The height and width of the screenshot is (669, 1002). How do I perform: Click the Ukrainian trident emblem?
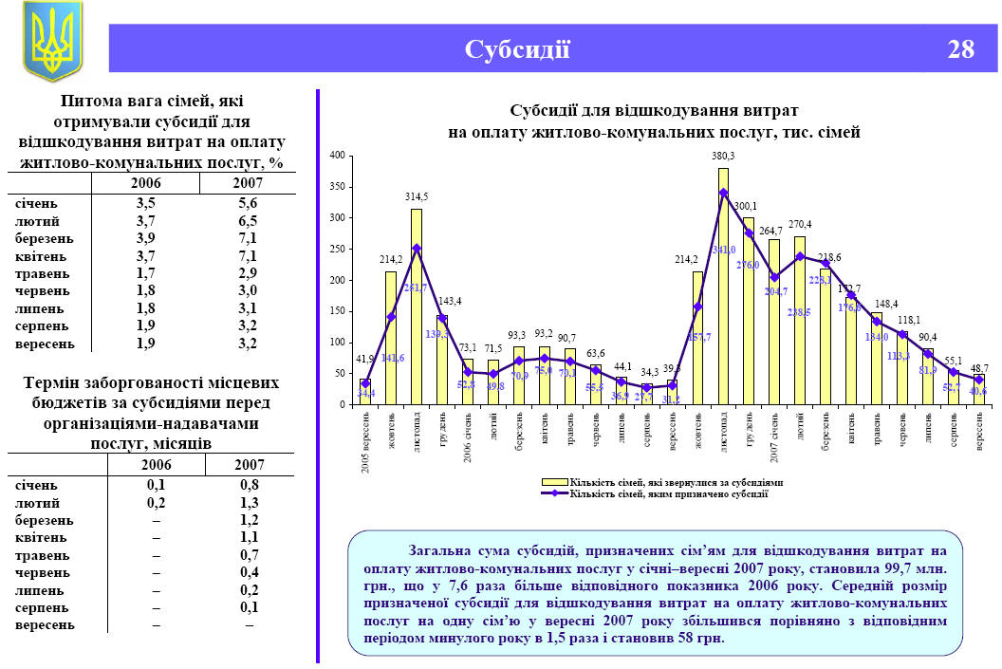(52, 41)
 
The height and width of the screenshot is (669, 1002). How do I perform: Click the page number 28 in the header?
(960, 49)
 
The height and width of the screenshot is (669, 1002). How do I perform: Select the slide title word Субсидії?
(517, 49)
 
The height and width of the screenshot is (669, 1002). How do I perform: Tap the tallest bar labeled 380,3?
(723, 285)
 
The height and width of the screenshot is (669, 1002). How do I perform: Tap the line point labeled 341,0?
(723, 193)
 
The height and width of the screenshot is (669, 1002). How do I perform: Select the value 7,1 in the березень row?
(248, 238)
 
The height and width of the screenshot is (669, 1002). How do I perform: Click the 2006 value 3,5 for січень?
(145, 203)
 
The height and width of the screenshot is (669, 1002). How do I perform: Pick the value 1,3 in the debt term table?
(250, 503)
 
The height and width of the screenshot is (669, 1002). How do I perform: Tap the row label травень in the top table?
(39, 273)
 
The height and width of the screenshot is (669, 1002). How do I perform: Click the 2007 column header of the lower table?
(250, 465)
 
